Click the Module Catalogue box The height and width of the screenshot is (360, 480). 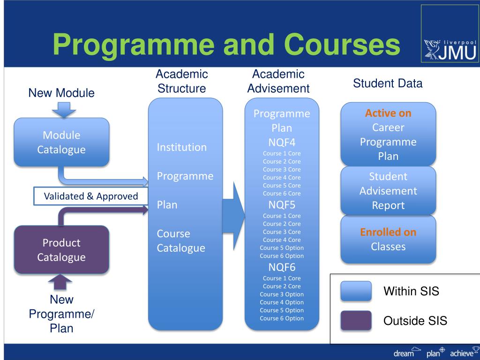click(61, 142)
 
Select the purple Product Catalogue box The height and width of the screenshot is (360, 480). click(61, 249)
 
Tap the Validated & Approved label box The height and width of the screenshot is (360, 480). click(91, 196)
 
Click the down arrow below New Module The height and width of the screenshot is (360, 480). click(64, 109)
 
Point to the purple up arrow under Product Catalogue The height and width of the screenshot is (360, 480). click(60, 283)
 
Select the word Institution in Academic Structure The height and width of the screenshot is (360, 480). click(181, 147)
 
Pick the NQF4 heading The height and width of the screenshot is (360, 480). click(282, 142)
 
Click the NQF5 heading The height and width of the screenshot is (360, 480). click(282, 205)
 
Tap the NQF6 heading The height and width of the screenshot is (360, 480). click(282, 267)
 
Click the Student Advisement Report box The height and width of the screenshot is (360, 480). click(388, 191)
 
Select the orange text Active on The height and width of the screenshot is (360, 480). click(388, 113)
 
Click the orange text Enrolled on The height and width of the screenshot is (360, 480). click(388, 232)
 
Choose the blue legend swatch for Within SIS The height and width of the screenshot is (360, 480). click(356, 291)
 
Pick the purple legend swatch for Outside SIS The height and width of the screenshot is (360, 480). click(356, 321)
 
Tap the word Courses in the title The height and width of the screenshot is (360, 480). click(342, 45)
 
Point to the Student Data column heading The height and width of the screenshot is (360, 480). click(388, 83)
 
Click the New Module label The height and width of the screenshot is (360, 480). click(61, 93)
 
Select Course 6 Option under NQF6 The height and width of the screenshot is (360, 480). click(282, 318)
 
